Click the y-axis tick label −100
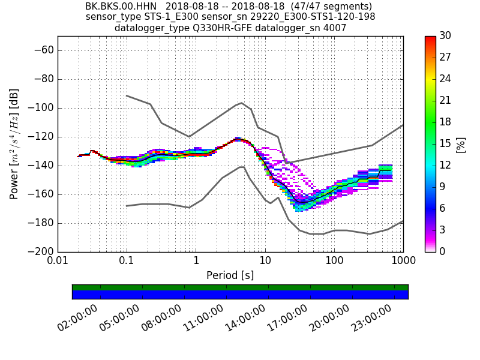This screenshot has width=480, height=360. click(42, 108)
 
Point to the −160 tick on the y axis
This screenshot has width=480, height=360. click(42, 194)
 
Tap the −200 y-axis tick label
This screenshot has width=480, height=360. click(42, 251)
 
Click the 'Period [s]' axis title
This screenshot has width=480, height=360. click(230, 275)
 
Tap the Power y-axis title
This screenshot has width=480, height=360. click(14, 144)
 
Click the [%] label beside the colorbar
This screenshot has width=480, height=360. click(461, 144)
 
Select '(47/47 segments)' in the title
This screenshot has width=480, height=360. click(335, 7)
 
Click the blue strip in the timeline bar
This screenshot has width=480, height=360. click(240, 295)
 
